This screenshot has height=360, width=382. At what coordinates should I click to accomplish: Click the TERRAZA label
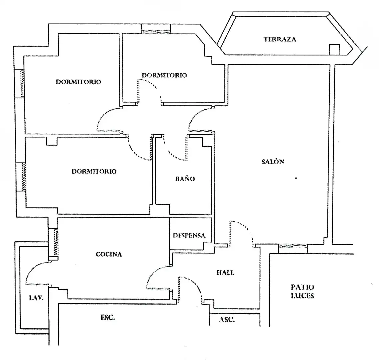(x=280, y=39)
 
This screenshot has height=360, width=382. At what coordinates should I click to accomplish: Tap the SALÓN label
(x=273, y=161)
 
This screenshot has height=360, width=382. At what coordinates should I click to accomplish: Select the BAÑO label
(x=185, y=179)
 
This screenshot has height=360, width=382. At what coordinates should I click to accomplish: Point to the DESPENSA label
(x=189, y=236)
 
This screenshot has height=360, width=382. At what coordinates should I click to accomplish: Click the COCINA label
(x=109, y=254)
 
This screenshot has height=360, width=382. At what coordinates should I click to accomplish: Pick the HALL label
(x=226, y=272)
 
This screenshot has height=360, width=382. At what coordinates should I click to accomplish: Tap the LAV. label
(x=36, y=297)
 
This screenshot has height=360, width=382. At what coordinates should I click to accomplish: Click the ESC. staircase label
(x=107, y=317)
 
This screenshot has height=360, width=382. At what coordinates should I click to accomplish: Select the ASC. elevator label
(x=227, y=320)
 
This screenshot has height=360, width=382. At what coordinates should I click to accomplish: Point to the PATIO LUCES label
(x=302, y=291)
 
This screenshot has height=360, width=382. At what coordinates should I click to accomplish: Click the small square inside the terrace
(x=334, y=49)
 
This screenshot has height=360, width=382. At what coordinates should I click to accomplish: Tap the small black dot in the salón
(x=296, y=178)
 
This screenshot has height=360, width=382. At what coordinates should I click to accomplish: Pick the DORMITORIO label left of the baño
(x=94, y=171)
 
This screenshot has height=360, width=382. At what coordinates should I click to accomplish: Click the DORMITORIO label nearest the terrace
(x=164, y=75)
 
